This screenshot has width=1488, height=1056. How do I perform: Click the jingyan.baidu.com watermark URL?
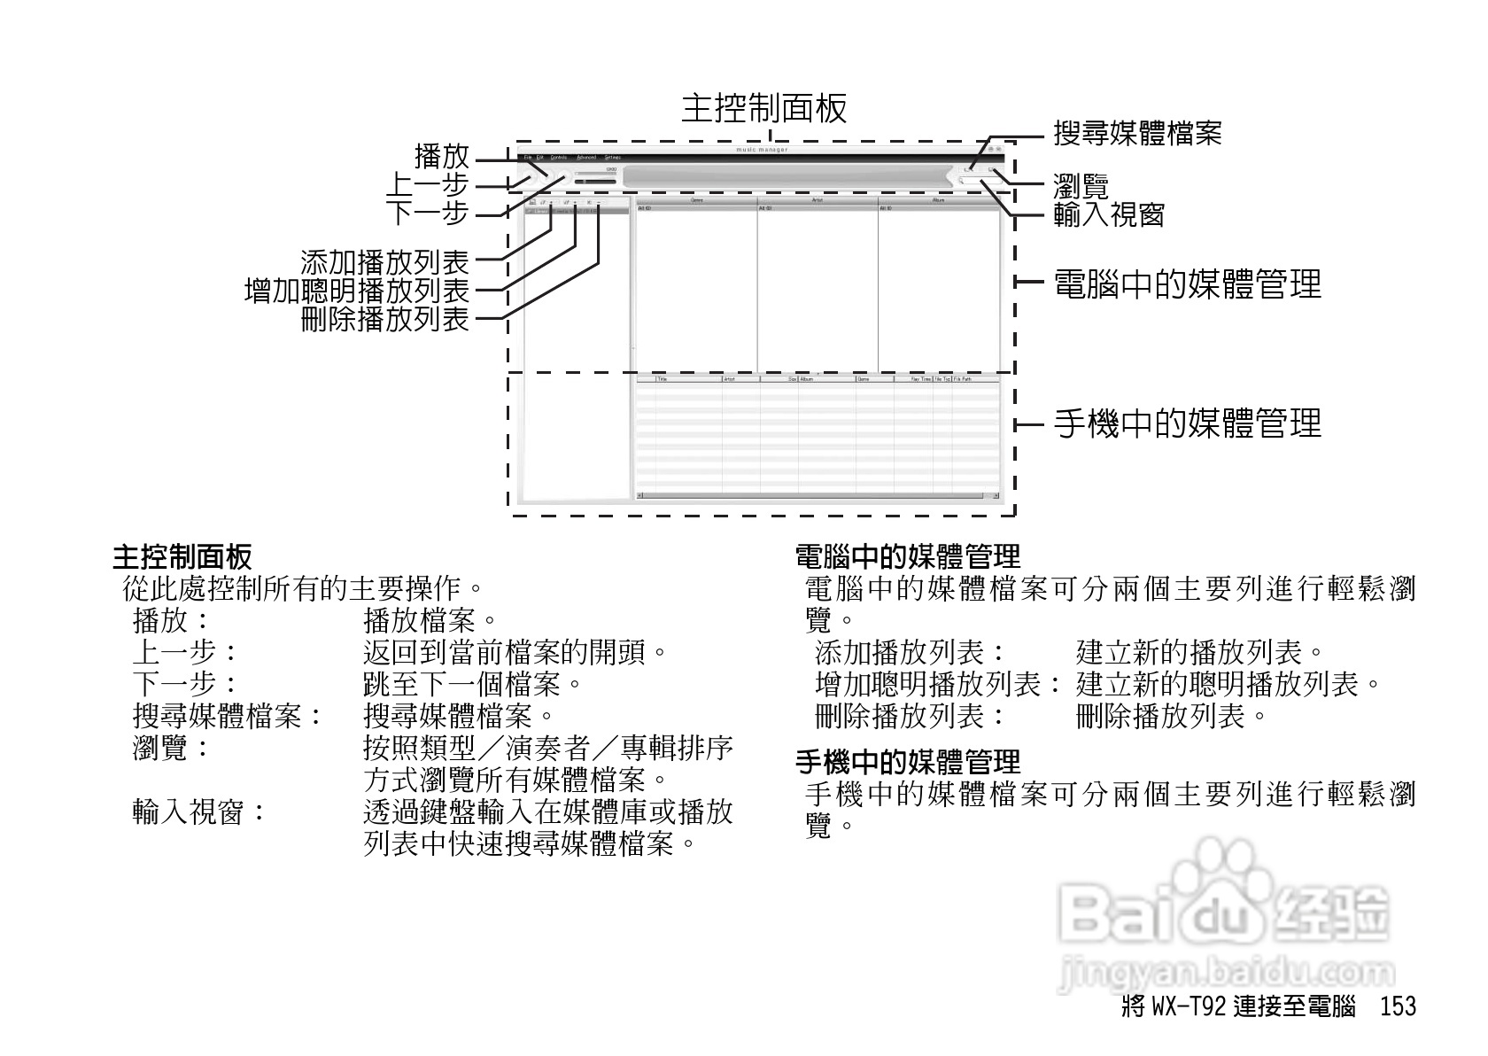(1226, 972)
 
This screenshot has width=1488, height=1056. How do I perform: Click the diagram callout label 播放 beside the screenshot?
(442, 157)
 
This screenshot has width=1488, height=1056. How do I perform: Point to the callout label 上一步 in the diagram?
(428, 185)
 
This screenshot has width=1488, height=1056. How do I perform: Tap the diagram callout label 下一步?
(428, 214)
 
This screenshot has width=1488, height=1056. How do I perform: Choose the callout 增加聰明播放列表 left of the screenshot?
(357, 290)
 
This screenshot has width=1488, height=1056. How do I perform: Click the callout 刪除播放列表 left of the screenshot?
(385, 318)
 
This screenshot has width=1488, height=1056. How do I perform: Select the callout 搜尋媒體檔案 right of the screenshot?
(1137, 134)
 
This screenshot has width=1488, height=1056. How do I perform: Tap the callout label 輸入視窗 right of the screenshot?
(1108, 214)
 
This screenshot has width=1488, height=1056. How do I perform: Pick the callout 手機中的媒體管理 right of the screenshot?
(1187, 423)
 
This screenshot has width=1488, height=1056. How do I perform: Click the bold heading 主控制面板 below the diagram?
(182, 557)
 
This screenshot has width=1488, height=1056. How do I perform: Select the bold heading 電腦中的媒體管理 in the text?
(909, 557)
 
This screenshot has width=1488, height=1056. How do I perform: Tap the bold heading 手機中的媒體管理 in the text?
(909, 761)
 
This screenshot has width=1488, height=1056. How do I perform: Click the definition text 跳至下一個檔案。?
(475, 684)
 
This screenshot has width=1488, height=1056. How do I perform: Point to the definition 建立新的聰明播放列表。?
(1230, 684)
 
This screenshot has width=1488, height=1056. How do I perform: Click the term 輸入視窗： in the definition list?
(200, 811)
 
